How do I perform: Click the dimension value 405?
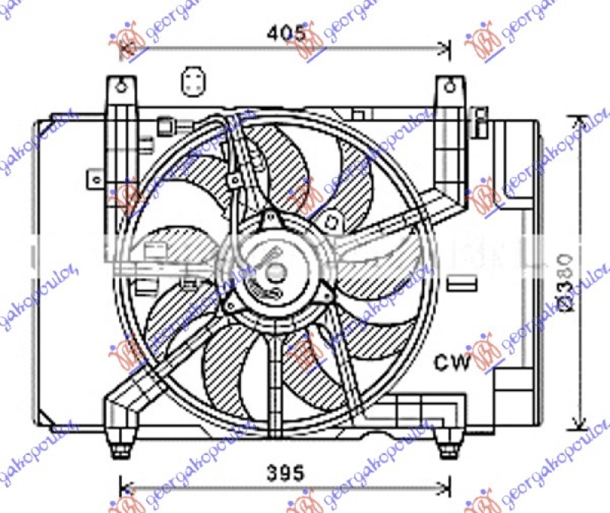pyautogui.click(x=286, y=33)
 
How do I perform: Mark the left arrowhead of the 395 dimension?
pyautogui.click(x=127, y=488)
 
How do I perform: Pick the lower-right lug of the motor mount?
pyautogui.click(x=326, y=294)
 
